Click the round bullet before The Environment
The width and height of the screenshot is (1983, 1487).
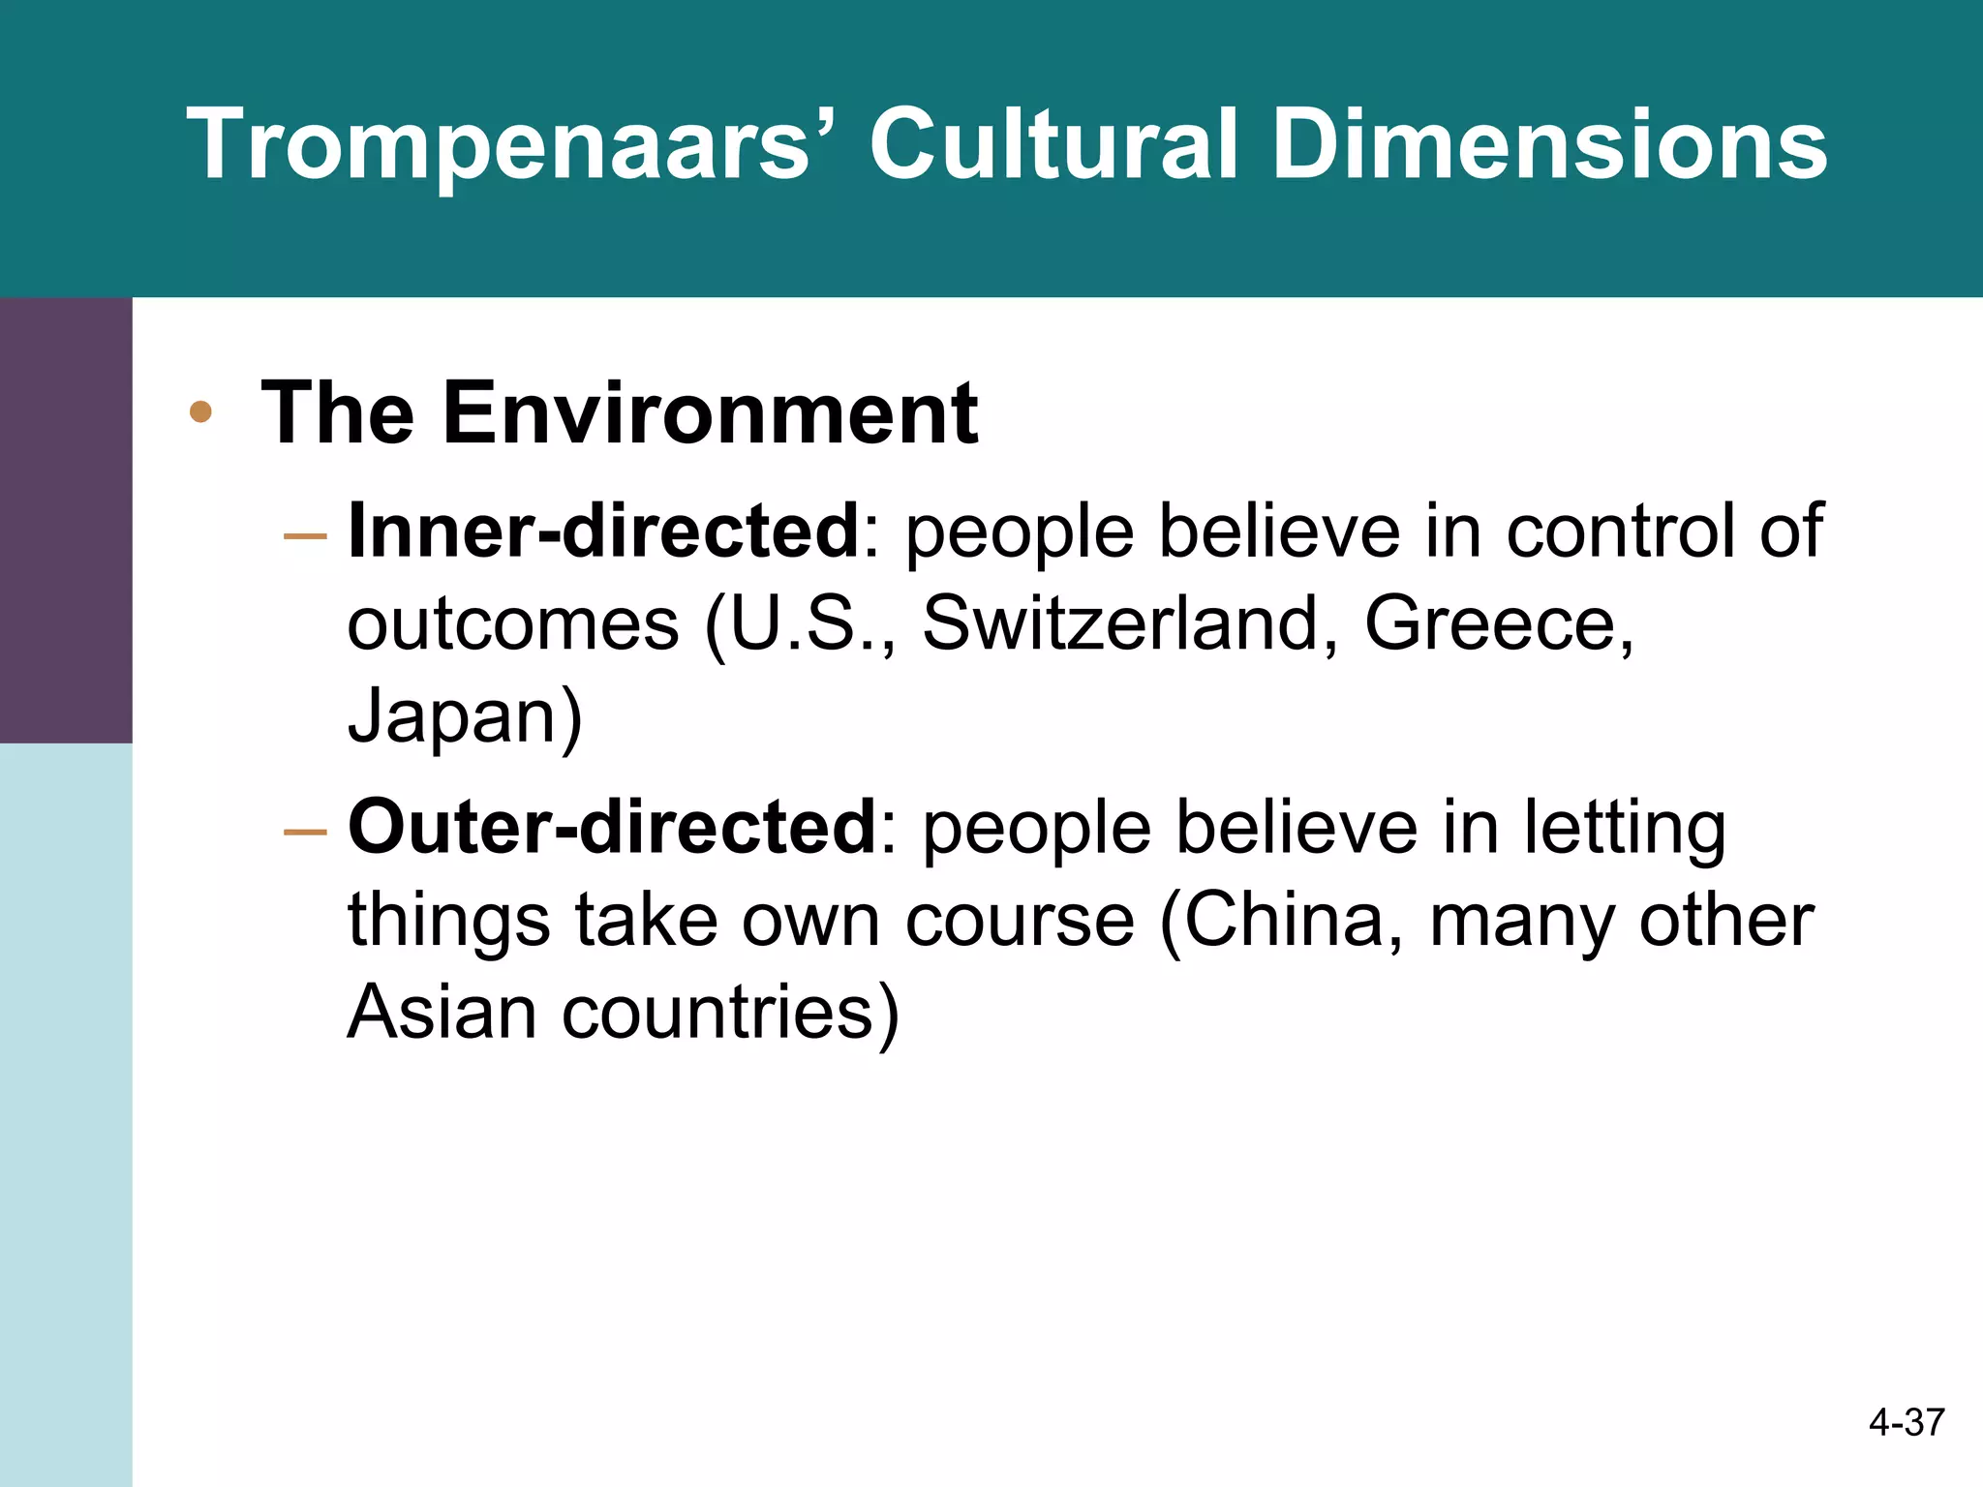click(x=200, y=412)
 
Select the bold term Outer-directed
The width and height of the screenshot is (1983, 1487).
click(x=612, y=827)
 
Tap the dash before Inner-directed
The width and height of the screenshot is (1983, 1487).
click(x=306, y=534)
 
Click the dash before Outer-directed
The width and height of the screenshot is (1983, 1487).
click(x=306, y=831)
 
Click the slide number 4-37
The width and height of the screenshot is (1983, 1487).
click(x=1906, y=1422)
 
